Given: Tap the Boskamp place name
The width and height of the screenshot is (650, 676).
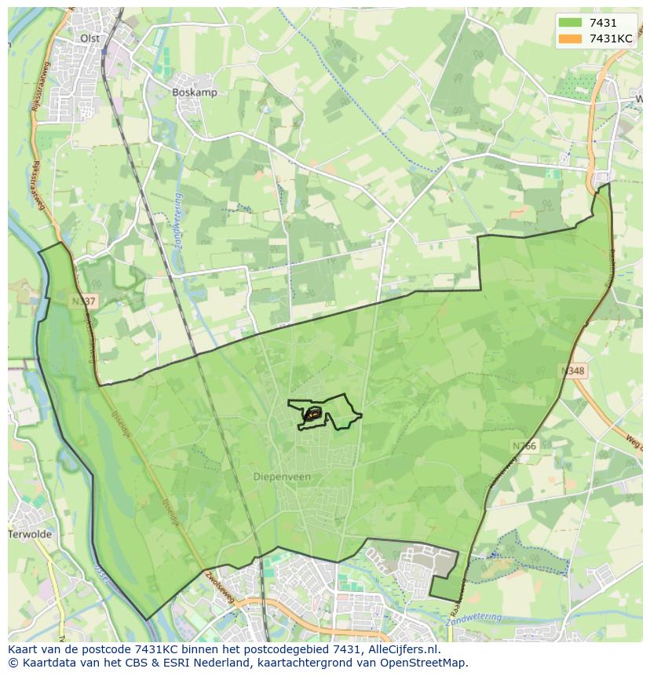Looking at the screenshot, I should tap(195, 92).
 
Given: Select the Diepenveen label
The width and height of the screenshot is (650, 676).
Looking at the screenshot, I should tap(282, 477).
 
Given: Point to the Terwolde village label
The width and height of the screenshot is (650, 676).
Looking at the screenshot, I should tap(30, 534).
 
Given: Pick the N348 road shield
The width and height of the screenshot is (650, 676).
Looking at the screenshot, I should tap(573, 370).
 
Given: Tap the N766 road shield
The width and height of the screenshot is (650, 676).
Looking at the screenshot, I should tap(524, 446).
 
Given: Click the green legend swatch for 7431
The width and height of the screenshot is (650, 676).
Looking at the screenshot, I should tap(570, 23).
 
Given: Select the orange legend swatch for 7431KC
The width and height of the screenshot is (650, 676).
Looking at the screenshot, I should tap(570, 38).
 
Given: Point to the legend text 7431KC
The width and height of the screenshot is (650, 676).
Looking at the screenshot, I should tap(611, 38).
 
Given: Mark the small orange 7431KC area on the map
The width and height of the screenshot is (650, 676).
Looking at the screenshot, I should tap(312, 413).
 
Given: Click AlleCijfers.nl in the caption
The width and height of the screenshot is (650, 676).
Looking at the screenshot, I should tap(408, 649).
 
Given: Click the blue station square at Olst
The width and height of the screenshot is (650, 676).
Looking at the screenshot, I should tap(104, 52).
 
